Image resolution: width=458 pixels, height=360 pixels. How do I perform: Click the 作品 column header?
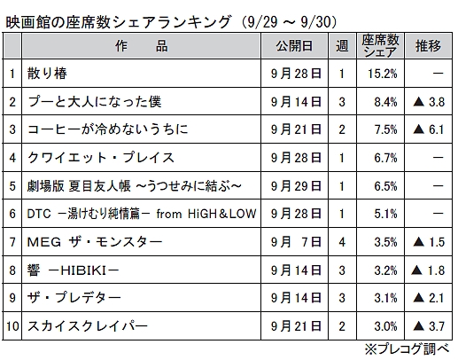(x=142, y=46)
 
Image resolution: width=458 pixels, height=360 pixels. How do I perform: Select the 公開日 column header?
(x=294, y=46)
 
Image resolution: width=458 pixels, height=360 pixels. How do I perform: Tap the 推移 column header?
(x=428, y=46)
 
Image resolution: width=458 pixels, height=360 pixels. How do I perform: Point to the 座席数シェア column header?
(x=380, y=46)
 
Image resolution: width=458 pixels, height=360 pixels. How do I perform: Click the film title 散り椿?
(x=47, y=74)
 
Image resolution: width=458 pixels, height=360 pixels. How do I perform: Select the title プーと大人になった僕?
(x=95, y=102)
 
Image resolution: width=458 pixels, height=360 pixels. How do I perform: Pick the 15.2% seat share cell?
(x=383, y=74)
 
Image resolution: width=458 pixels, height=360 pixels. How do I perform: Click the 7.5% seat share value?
(x=385, y=129)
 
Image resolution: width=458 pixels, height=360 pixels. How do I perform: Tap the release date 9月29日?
(x=296, y=186)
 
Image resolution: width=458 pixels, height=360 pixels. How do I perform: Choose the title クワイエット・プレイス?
(x=101, y=158)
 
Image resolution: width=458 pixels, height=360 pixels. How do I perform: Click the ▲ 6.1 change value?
(x=429, y=129)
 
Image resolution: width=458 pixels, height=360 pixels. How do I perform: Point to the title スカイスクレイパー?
(x=88, y=326)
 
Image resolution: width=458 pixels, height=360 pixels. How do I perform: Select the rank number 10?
(x=12, y=326)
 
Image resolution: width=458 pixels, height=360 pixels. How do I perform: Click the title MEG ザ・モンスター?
(x=95, y=242)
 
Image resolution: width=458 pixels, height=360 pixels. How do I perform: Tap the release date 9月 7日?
(x=296, y=242)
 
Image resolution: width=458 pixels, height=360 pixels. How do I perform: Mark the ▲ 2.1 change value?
(x=429, y=298)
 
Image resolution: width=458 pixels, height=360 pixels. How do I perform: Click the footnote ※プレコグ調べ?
(x=407, y=349)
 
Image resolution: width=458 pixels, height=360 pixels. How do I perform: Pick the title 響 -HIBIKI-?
(x=73, y=270)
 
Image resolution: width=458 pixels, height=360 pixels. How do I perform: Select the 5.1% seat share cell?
(x=385, y=214)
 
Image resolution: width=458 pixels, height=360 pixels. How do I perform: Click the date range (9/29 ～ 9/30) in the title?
(x=288, y=22)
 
